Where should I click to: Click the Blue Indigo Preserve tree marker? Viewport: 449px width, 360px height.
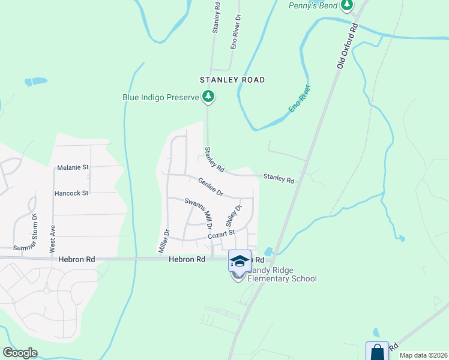pyautogui.click(x=208, y=96)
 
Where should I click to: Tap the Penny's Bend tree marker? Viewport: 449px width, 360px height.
pyautogui.click(x=346, y=5)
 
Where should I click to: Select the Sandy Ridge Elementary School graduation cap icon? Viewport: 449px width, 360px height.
pyautogui.click(x=240, y=260)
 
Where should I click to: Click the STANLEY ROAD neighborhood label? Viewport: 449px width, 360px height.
pyautogui.click(x=233, y=80)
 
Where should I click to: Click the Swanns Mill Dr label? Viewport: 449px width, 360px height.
pyautogui.click(x=198, y=214)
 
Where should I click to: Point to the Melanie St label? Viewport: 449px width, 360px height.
pyautogui.click(x=73, y=168)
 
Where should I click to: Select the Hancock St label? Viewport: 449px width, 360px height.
pyautogui.click(x=71, y=193)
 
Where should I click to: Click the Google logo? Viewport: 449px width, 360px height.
pyautogui.click(x=20, y=353)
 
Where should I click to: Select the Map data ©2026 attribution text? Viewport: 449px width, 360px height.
pyautogui.click(x=423, y=355)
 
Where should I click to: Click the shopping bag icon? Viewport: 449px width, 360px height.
pyautogui.click(x=377, y=352)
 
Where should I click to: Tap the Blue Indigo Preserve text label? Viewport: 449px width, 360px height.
pyautogui.click(x=160, y=97)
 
